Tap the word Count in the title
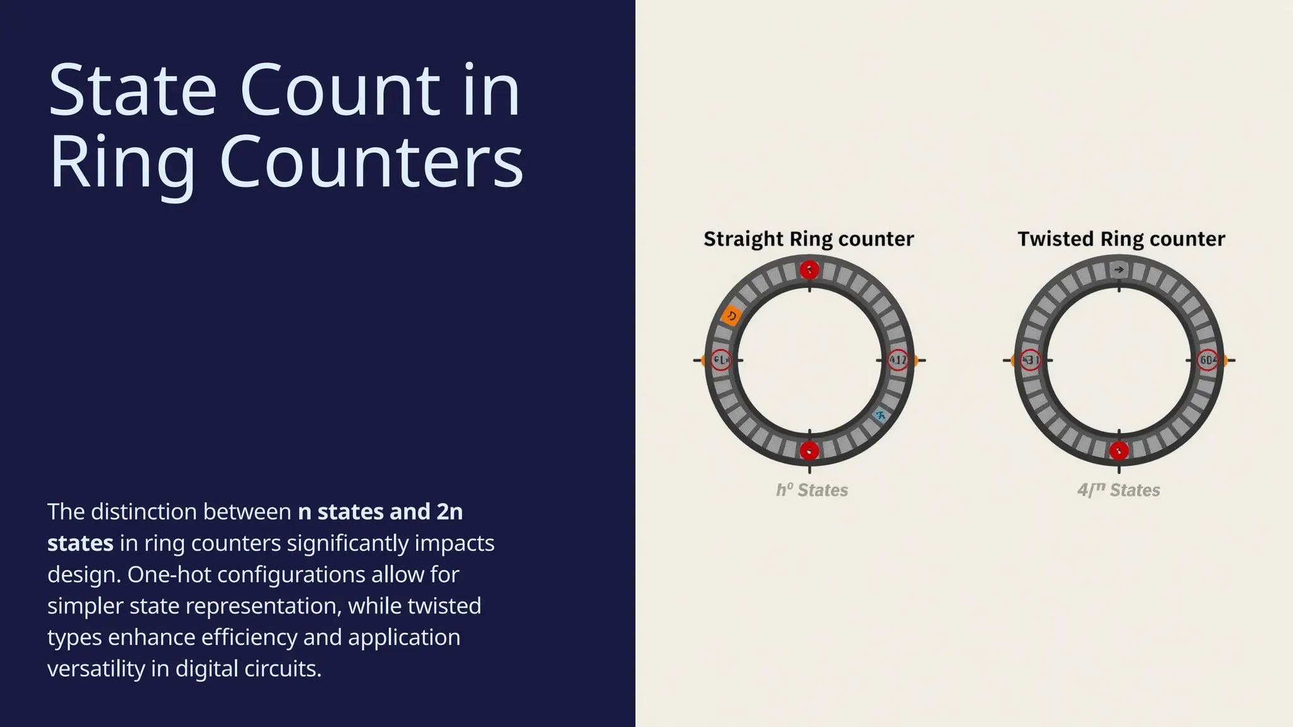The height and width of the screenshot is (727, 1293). click(x=339, y=90)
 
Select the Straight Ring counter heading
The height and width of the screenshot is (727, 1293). click(x=808, y=239)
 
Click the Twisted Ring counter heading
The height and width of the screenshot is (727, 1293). click(x=1121, y=239)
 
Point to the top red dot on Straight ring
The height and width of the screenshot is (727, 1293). click(x=809, y=270)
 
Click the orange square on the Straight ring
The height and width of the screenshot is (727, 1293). click(x=732, y=315)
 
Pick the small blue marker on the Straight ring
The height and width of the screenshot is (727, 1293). click(x=879, y=415)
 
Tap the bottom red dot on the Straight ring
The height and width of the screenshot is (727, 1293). click(x=809, y=451)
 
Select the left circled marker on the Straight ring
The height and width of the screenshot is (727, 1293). click(x=720, y=360)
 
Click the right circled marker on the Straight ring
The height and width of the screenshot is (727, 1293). click(x=897, y=360)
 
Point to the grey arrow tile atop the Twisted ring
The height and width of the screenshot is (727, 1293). click(x=1119, y=270)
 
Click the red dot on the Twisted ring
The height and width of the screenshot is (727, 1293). click(x=1119, y=451)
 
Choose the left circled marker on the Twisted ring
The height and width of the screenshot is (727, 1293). click(x=1030, y=360)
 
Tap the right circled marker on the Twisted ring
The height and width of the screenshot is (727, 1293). click(x=1207, y=360)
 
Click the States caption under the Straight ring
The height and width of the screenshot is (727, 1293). click(x=812, y=490)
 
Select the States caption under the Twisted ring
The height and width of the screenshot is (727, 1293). click(x=1119, y=490)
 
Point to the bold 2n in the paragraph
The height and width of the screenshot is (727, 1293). click(x=450, y=512)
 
